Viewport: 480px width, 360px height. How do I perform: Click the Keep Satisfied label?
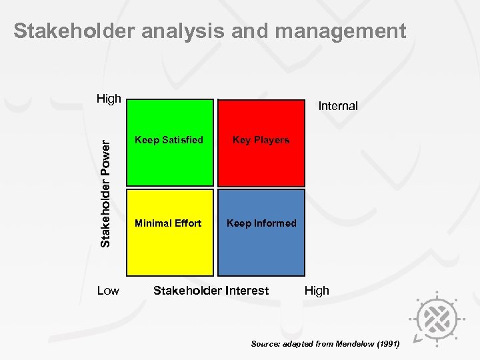(x=169, y=140)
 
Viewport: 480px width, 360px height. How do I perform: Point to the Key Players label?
(x=261, y=140)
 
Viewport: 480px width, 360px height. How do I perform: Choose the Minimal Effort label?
(x=168, y=223)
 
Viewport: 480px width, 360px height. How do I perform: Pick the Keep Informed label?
(x=261, y=223)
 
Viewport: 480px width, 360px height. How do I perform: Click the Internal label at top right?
(x=338, y=106)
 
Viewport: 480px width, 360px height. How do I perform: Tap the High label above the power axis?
(x=109, y=99)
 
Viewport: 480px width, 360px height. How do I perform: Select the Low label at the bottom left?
(x=108, y=291)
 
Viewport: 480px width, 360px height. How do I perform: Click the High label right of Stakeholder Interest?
(x=317, y=291)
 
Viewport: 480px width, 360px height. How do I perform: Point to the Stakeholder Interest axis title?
(x=211, y=291)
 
